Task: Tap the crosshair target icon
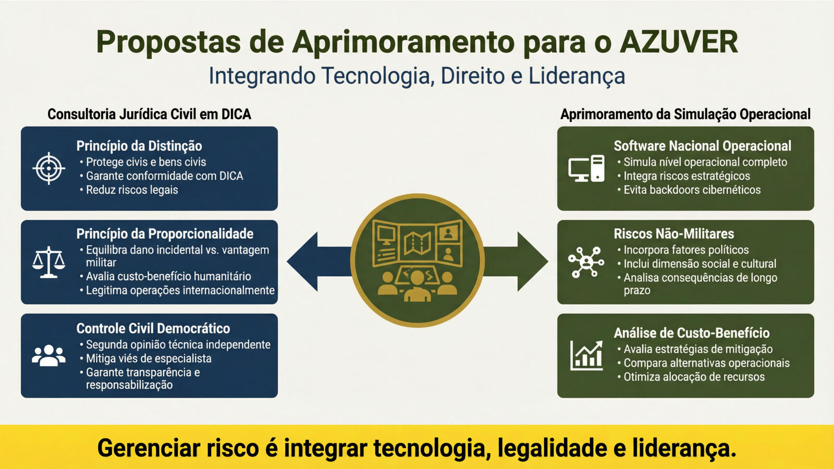pos(49,169)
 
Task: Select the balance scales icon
pos(49,262)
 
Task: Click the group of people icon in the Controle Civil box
pos(49,355)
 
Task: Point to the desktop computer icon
pos(586,168)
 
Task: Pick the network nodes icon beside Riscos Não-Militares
pos(586,262)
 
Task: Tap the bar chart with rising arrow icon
pos(586,355)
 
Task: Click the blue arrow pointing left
pos(319,262)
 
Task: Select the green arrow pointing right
pos(516,262)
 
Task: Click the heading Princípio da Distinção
pos(139,146)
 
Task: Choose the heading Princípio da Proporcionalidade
pos(165,234)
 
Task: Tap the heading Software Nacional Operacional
pos(703,146)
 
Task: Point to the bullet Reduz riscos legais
pos(129,190)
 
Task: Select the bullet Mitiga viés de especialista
pos(145,359)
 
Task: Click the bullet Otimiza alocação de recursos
pos(691,377)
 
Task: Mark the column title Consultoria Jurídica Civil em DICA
pos(149,114)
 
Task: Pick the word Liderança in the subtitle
pos(577,76)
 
